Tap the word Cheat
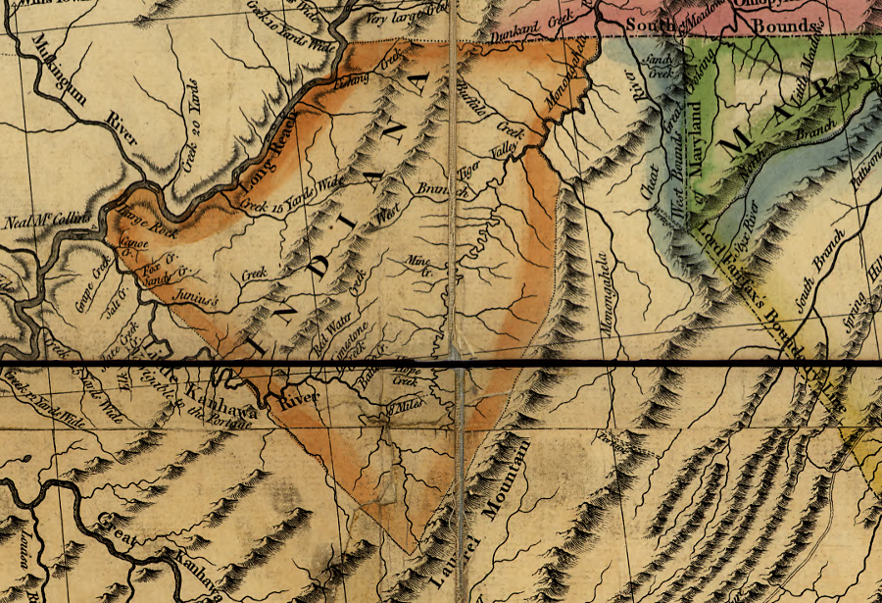coord(648,186)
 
